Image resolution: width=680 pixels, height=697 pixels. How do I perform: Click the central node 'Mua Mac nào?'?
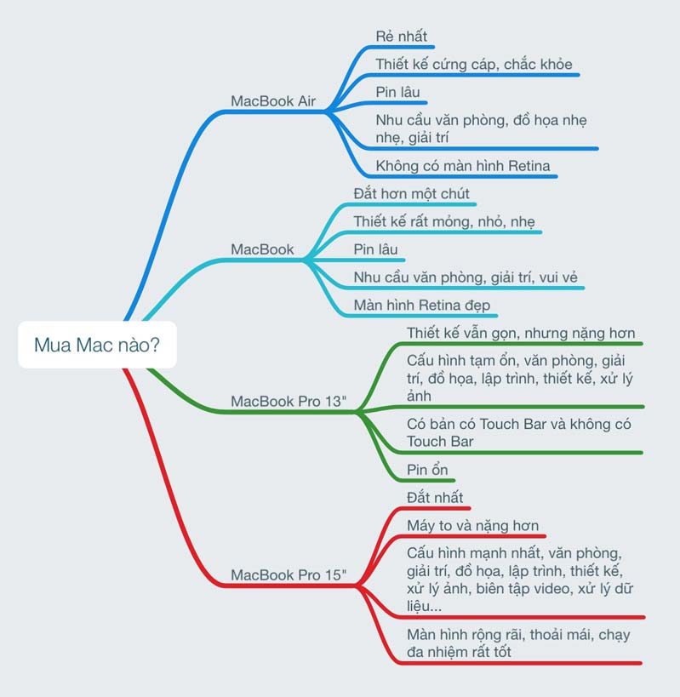pyautogui.click(x=97, y=345)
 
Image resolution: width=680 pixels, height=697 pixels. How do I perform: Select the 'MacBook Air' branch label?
pyautogui.click(x=273, y=101)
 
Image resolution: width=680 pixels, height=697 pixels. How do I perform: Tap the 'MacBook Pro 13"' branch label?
pyautogui.click(x=289, y=401)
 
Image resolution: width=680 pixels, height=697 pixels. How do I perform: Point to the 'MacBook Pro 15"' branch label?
pyautogui.click(x=289, y=574)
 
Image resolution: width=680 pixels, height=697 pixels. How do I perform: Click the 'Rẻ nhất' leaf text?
pyautogui.click(x=402, y=37)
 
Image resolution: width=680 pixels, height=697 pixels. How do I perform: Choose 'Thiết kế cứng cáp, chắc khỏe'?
pyautogui.click(x=474, y=65)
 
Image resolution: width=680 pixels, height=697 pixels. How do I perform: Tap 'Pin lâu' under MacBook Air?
pyautogui.click(x=397, y=92)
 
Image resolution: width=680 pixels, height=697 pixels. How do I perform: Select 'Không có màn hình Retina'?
pyautogui.click(x=463, y=166)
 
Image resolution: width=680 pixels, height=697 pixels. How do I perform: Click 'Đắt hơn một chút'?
pyautogui.click(x=412, y=194)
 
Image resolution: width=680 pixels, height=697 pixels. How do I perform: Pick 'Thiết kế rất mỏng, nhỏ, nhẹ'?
pyautogui.click(x=444, y=221)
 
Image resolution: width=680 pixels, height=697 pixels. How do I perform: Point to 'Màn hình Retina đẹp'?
pyautogui.click(x=422, y=305)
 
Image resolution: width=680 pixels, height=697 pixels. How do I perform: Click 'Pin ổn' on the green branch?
pyautogui.click(x=427, y=470)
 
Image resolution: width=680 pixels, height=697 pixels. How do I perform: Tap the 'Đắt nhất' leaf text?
pyautogui.click(x=435, y=497)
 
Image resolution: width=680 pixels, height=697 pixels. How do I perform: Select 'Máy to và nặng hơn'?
pyautogui.click(x=472, y=525)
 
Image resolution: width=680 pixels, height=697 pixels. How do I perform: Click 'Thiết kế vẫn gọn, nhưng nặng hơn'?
pyautogui.click(x=521, y=333)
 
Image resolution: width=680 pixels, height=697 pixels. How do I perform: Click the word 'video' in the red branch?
pyautogui.click(x=529, y=588)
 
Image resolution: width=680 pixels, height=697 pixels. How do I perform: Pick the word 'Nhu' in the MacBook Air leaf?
pyautogui.click(x=390, y=120)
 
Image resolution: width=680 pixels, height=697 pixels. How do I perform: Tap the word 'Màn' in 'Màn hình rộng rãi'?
pyautogui.click(x=421, y=634)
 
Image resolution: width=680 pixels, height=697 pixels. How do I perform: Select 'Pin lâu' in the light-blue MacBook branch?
pyautogui.click(x=376, y=249)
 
